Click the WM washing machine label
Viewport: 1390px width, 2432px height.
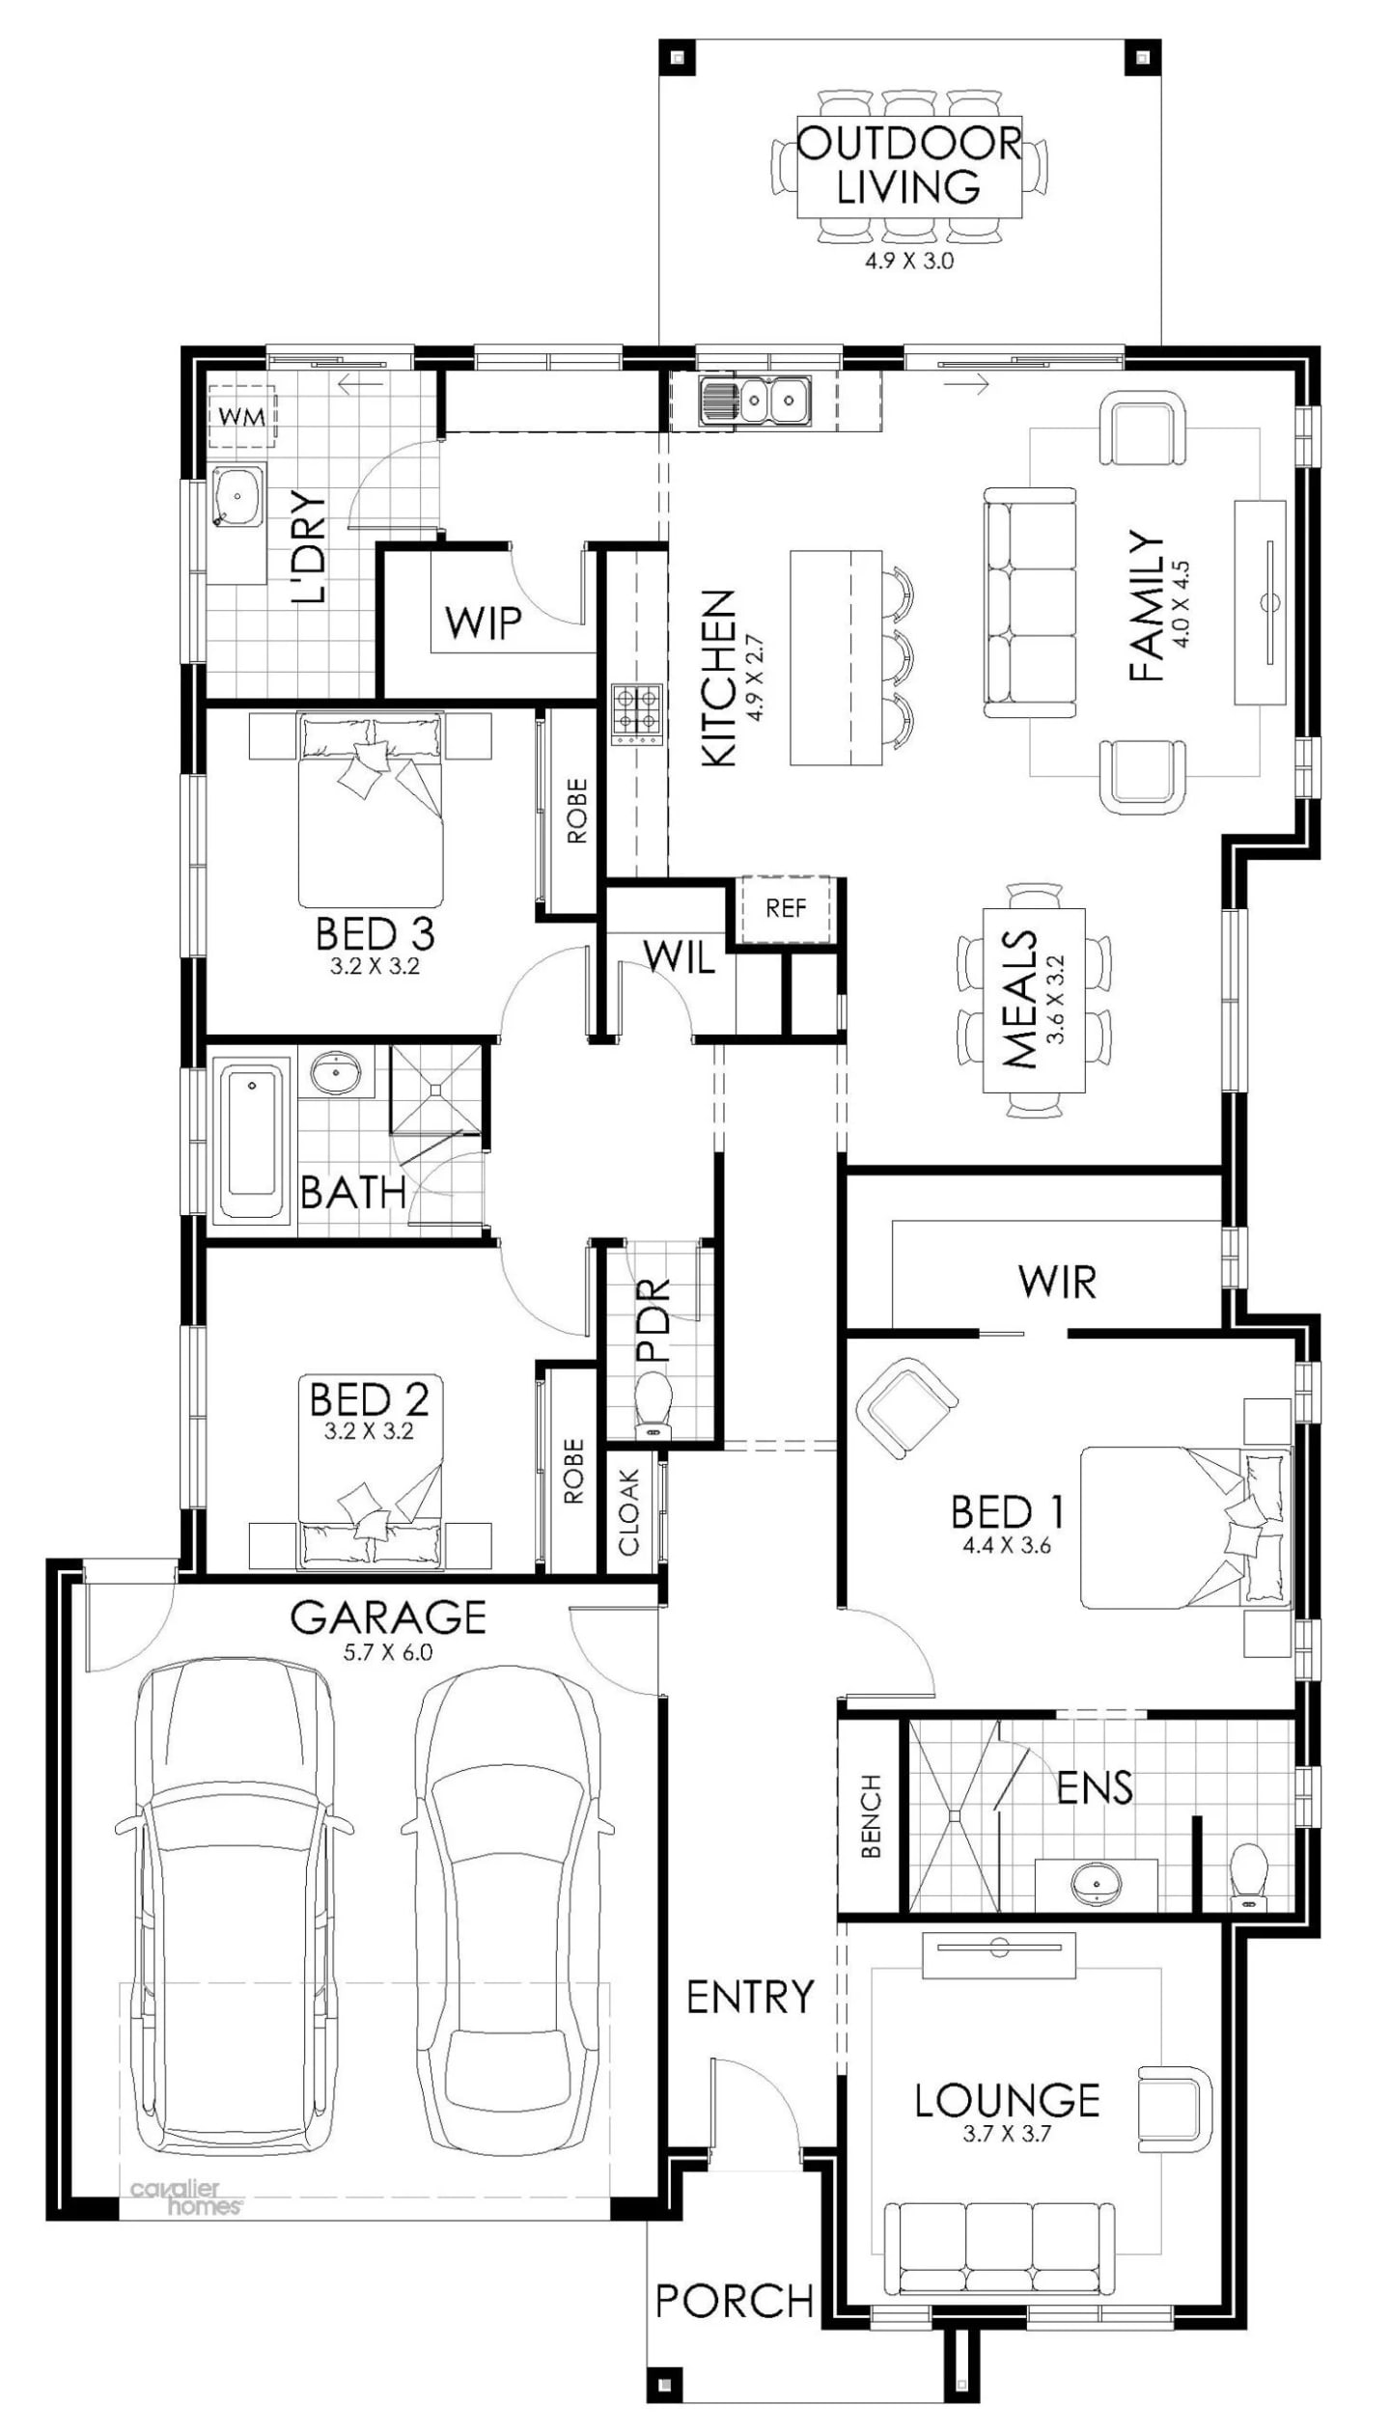click(241, 417)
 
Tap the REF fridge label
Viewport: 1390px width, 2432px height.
click(785, 907)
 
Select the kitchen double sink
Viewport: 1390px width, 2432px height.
click(756, 398)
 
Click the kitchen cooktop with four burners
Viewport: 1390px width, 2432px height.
click(637, 714)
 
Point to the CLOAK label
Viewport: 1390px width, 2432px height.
click(629, 1512)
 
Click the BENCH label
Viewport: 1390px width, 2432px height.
click(871, 1815)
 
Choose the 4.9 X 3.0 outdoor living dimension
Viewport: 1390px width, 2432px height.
click(908, 261)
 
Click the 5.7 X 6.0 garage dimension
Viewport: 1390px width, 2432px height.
click(388, 1651)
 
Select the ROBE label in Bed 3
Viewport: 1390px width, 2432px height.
click(576, 812)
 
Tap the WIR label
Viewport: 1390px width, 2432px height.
click(1057, 1283)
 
